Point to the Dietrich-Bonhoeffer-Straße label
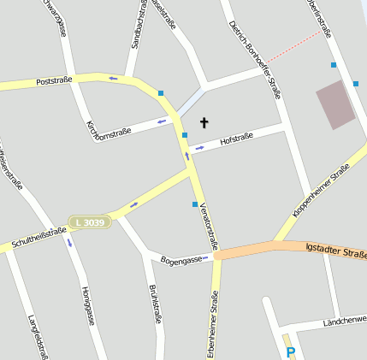tap(256, 60)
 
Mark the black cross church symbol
tap(204, 122)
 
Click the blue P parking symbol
tap(291, 352)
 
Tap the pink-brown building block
tap(335, 105)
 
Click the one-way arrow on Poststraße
tap(114, 79)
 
